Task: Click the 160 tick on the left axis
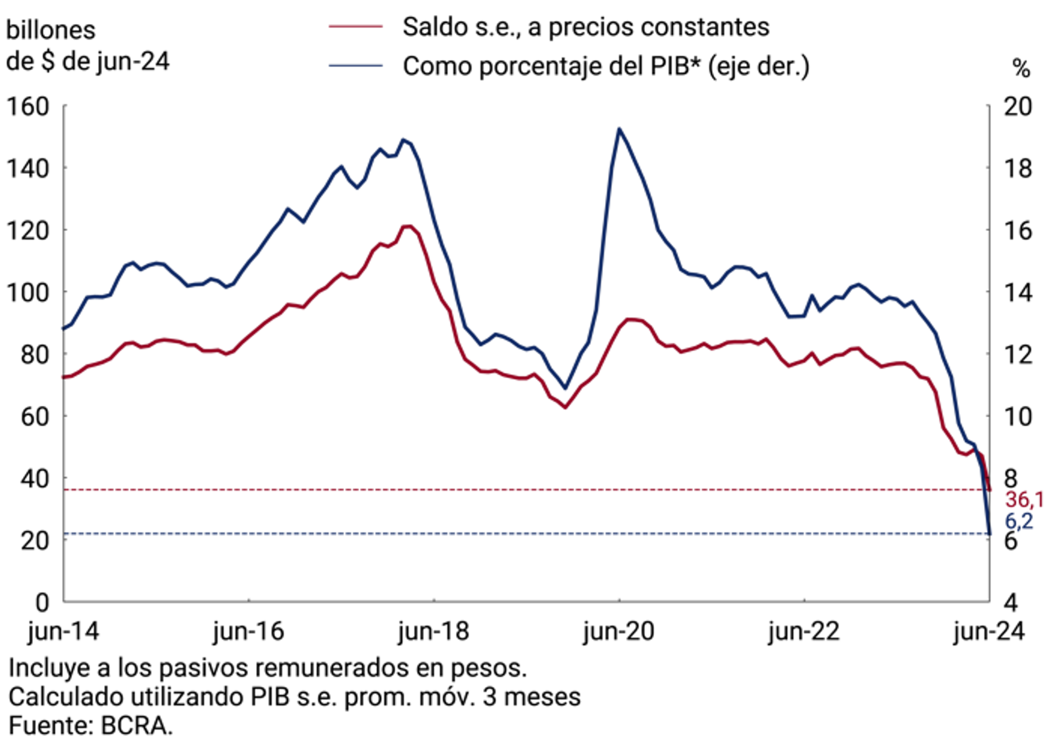[x=27, y=107]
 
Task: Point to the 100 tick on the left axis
[x=27, y=293]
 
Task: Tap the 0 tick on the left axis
[x=42, y=602]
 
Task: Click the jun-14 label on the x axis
[x=63, y=631]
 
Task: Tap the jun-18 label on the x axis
[x=434, y=631]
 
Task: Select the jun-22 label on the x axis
[x=804, y=631]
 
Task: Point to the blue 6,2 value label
[x=1019, y=521]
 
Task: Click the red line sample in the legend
[x=356, y=27]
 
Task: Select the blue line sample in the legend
[x=356, y=66]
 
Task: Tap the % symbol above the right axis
[x=1021, y=69]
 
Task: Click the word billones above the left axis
[x=51, y=30]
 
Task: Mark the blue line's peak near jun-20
[x=619, y=129]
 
